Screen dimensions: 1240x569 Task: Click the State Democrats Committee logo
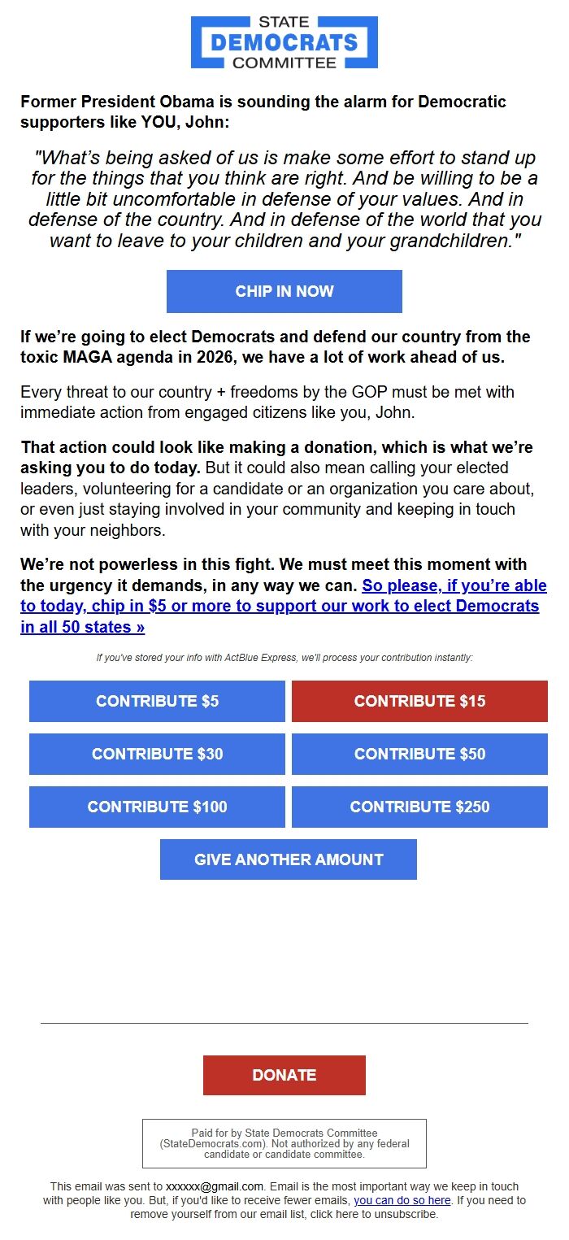[284, 41]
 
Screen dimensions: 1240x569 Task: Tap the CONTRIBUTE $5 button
[157, 701]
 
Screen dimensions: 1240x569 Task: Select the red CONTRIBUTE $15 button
[419, 701]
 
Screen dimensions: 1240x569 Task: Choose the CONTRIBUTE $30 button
[157, 754]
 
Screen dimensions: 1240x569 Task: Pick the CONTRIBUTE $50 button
[419, 754]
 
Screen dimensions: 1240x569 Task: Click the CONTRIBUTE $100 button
[157, 807]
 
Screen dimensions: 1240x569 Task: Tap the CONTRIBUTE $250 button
[419, 807]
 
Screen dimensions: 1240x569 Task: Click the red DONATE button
[284, 1075]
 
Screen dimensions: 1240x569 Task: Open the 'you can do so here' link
[402, 1200]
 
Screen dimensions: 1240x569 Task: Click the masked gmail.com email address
[215, 1186]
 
